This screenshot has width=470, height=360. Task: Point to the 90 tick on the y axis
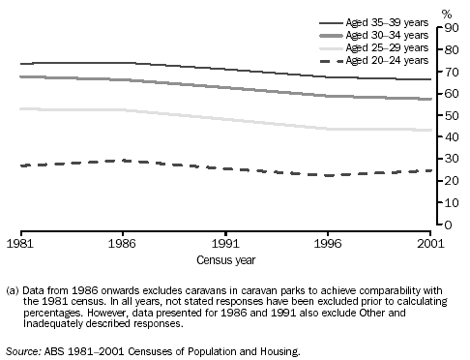pos(451,28)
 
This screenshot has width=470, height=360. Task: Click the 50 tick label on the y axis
pos(451,116)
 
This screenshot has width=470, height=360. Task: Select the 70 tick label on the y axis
pos(451,73)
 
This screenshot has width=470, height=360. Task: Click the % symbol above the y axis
pos(446,14)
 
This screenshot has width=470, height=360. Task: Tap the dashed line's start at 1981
pos(20,165)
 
